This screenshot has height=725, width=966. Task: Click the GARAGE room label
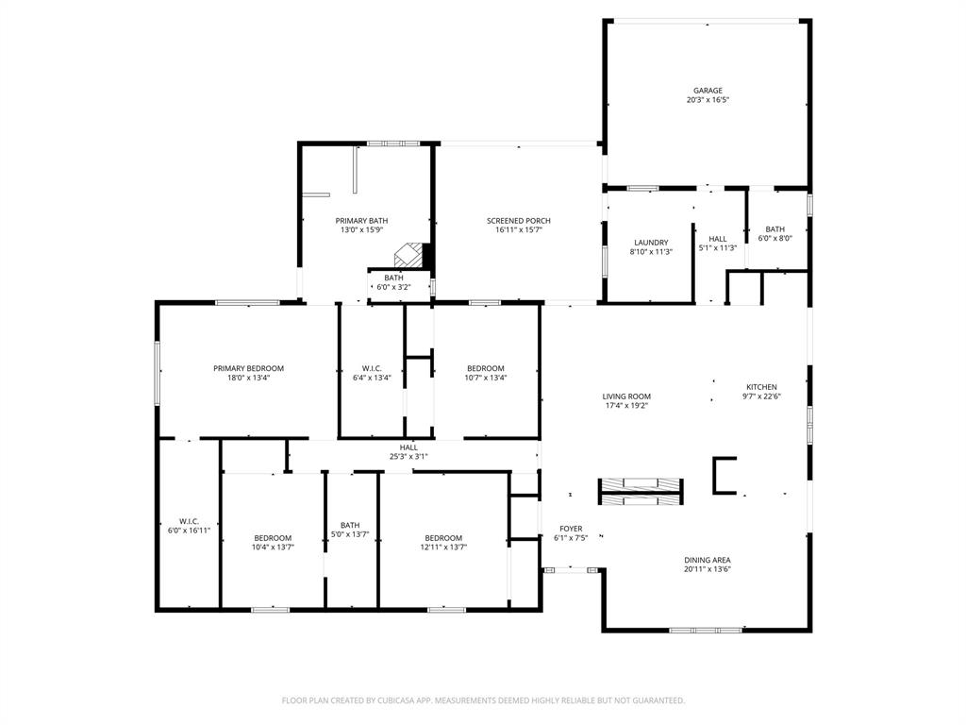(x=708, y=91)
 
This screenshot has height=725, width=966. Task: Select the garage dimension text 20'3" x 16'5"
(x=708, y=99)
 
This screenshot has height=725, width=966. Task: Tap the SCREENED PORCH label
(x=519, y=221)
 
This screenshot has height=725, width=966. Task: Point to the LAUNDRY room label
(x=651, y=243)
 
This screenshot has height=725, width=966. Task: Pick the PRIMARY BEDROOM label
(x=248, y=368)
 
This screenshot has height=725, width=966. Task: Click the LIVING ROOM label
(x=627, y=396)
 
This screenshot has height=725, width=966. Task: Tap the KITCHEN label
(x=761, y=387)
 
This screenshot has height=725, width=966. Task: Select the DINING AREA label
(x=708, y=560)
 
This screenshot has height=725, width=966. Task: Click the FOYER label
(x=571, y=529)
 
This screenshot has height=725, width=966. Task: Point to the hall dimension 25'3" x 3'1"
(x=408, y=456)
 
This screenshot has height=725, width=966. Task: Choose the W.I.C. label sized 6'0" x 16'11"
(x=189, y=521)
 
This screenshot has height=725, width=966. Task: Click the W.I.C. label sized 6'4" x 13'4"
(x=372, y=368)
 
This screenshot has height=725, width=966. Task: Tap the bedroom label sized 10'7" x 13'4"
(x=486, y=368)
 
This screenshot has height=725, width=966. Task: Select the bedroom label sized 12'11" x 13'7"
(x=443, y=538)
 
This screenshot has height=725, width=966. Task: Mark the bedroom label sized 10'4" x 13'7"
(x=272, y=538)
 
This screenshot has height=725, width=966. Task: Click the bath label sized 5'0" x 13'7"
(x=350, y=526)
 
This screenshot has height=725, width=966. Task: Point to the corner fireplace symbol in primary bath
(x=409, y=253)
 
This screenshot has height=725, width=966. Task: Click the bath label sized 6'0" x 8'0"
(x=774, y=229)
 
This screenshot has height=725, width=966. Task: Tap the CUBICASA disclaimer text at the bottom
(x=483, y=700)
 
